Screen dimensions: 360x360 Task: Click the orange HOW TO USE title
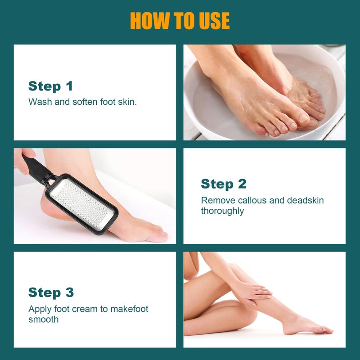tap(180, 21)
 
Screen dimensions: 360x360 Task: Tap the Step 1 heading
tap(50, 86)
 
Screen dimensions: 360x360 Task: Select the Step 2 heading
tap(224, 184)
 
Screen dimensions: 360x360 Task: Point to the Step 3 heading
tap(51, 292)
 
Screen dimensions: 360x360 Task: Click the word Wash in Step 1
tap(39, 102)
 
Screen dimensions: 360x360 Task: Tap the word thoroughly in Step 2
tap(222, 211)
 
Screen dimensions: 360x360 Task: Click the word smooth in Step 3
tap(43, 319)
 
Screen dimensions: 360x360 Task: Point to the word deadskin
tap(306, 201)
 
